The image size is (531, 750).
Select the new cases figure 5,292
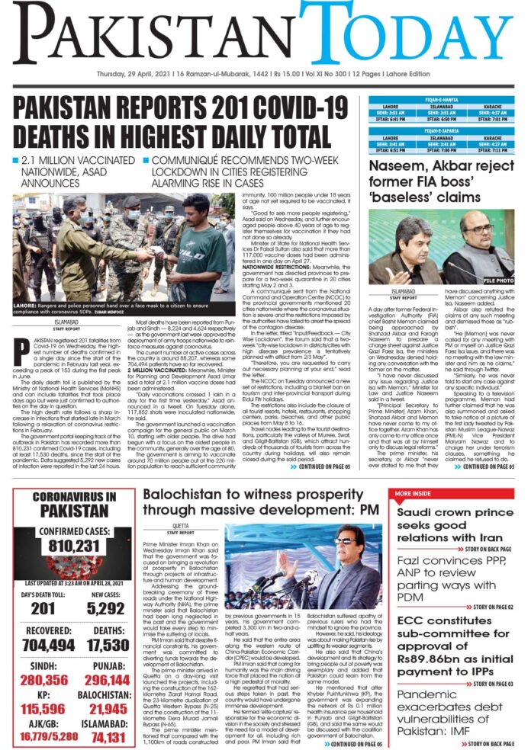coord(108,607)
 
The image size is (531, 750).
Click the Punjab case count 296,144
coord(108,680)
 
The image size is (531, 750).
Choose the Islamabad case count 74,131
coord(108,738)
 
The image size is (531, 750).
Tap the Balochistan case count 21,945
coord(108,709)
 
